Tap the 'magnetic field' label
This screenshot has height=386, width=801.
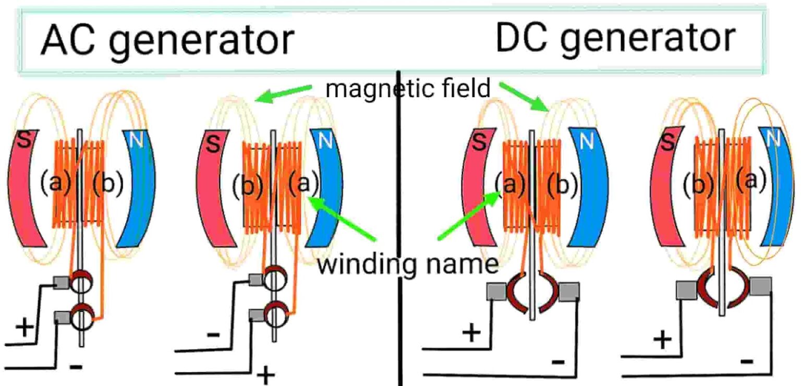pyautogui.click(x=408, y=88)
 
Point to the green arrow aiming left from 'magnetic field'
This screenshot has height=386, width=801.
pyautogui.click(x=284, y=93)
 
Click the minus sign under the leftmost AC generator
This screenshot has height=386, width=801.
pyautogui.click(x=76, y=366)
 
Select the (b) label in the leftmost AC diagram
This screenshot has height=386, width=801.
pyautogui.click(x=108, y=183)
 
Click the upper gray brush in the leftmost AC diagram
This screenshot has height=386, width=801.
pyautogui.click(x=62, y=283)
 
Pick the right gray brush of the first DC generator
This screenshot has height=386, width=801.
pyautogui.click(x=569, y=292)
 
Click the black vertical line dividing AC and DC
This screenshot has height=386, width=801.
pyautogui.click(x=399, y=228)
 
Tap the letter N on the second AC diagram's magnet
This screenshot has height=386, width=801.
pyautogui.click(x=325, y=141)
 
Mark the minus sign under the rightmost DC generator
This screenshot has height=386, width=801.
pyautogui.click(x=747, y=361)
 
